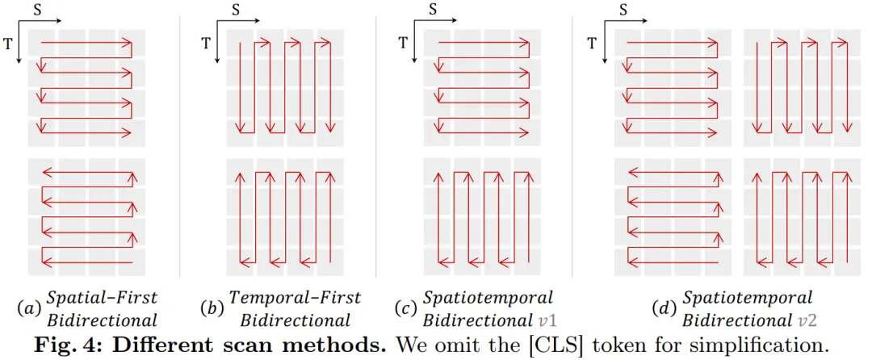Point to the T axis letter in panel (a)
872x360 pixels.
(x=8, y=44)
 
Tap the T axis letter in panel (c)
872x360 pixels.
(x=403, y=44)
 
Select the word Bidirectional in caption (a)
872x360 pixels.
(x=101, y=319)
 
